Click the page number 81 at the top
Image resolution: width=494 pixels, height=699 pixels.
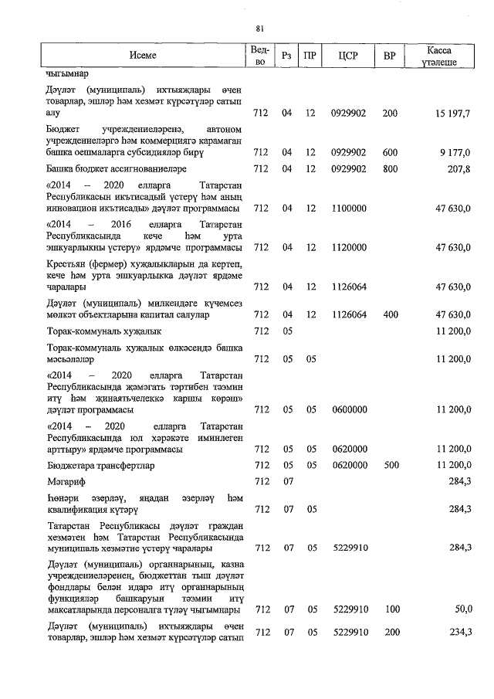(x=259, y=29)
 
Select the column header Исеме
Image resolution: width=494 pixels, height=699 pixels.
(x=142, y=56)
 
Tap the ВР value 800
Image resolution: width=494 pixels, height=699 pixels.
(x=390, y=168)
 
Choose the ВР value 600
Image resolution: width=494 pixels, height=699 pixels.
(x=390, y=151)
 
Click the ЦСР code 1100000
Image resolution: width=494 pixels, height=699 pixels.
(x=347, y=209)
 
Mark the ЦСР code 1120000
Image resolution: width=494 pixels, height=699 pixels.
(x=347, y=247)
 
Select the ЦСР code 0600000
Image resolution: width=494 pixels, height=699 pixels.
(x=347, y=409)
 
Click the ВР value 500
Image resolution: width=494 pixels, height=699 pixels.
(x=390, y=465)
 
